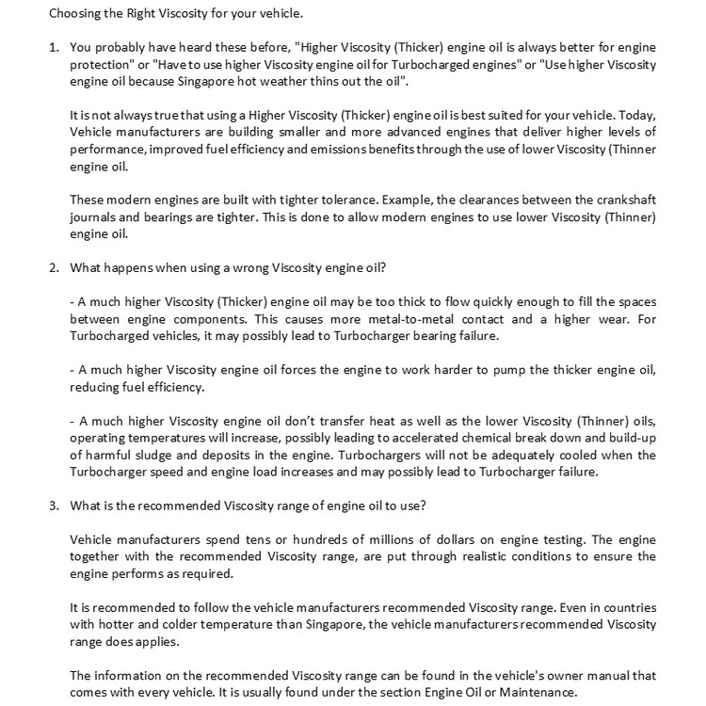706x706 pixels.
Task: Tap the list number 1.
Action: click(x=53, y=46)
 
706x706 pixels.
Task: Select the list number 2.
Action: click(x=53, y=267)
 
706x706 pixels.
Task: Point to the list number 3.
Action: click(x=53, y=505)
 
